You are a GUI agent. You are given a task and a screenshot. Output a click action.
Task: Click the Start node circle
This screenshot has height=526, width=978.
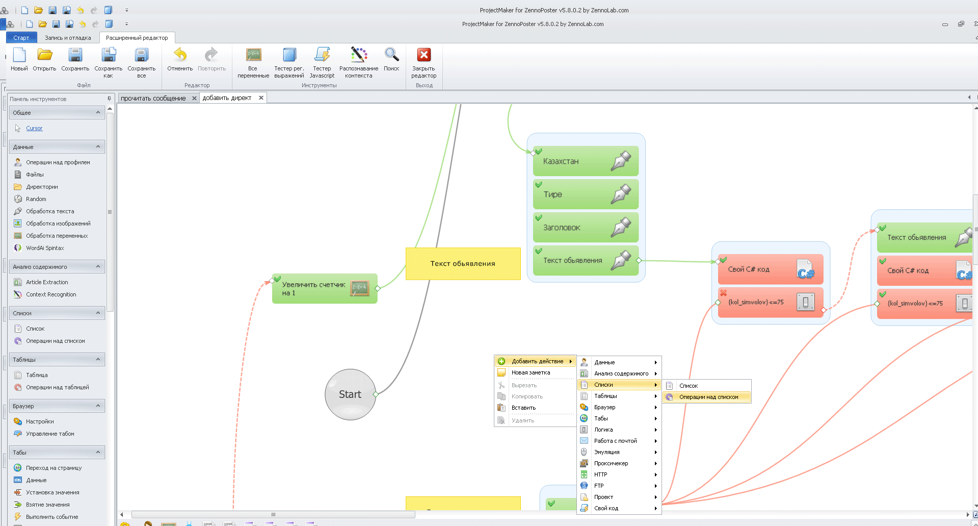(350, 394)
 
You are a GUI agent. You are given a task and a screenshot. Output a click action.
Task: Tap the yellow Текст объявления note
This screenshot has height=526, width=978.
(462, 264)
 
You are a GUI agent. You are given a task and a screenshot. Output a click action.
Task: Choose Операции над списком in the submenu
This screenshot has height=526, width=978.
(708, 397)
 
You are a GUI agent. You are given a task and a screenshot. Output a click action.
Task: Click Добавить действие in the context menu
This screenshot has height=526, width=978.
(537, 361)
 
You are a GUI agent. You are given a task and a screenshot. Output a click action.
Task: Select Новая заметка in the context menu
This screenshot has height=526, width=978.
(531, 372)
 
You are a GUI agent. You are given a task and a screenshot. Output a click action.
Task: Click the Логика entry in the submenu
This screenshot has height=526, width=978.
(603, 430)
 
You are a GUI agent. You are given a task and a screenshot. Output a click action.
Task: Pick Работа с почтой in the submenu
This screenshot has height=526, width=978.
(615, 441)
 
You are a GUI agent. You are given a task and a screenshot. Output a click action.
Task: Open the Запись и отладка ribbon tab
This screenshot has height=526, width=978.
(68, 38)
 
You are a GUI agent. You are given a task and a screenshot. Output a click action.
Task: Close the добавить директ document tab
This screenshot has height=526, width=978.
(261, 98)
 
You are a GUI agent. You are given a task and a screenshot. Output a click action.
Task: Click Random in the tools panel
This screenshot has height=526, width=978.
(36, 199)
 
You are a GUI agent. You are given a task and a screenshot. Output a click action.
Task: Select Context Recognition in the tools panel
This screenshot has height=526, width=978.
(51, 294)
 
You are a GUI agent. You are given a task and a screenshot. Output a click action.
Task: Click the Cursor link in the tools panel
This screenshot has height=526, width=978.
(34, 128)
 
